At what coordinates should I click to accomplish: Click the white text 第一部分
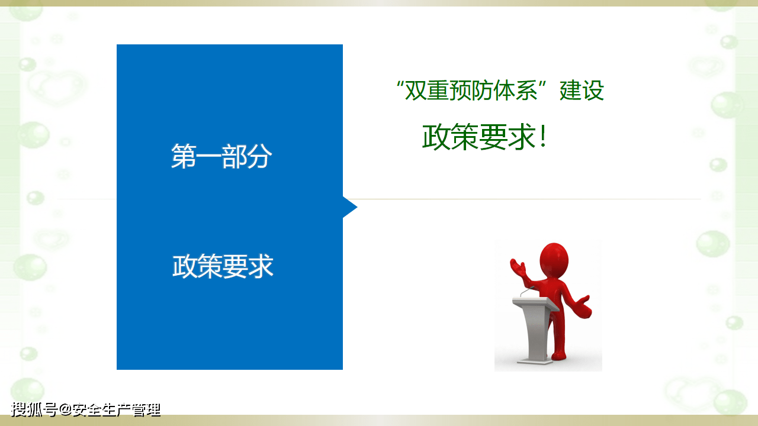click(221, 157)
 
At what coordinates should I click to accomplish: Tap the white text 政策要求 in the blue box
click(223, 267)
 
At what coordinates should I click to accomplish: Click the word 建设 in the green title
click(582, 91)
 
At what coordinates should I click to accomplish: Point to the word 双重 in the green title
click(426, 91)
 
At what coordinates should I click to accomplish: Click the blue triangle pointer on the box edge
click(350, 207)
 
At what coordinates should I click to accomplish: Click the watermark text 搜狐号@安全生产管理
click(86, 409)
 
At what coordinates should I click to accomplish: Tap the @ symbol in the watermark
click(65, 409)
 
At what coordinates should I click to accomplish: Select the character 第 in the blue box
click(184, 157)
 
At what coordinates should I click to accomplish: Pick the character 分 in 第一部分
click(260, 157)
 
